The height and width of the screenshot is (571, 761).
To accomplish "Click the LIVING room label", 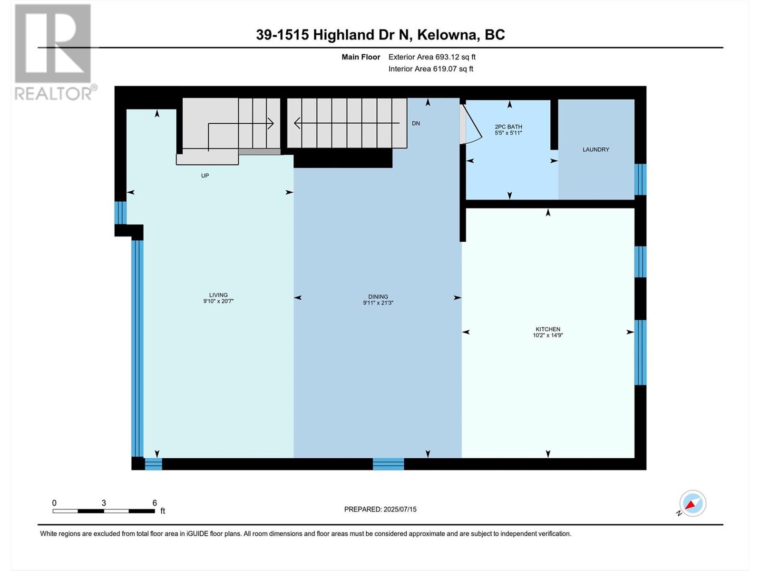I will pos(218,295).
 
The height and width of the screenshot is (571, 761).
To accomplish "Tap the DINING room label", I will pos(378,296).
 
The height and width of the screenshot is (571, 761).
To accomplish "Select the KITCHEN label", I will pos(548,329).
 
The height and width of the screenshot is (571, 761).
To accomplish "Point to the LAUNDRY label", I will pos(595,149).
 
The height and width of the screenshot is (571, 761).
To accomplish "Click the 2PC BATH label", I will pos(508,127).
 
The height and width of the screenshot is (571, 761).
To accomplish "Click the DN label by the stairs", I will pos(416,123).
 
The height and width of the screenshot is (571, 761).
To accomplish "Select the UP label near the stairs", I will pos(205,176).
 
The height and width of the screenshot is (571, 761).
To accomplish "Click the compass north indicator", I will pos(692,503).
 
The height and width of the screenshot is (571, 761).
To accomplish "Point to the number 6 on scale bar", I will pos(155,503).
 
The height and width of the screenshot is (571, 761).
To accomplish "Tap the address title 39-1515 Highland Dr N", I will pos(380,35).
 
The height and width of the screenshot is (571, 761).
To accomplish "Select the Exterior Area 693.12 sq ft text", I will pos(431,57).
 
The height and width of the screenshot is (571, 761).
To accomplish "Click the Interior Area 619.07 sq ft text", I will pos(430,69).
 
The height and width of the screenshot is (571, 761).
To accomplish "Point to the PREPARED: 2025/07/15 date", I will pos(380,509).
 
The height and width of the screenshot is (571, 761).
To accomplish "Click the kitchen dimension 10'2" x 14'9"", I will pos(548,335).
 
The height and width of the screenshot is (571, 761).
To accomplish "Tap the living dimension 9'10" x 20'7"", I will pos(218,301).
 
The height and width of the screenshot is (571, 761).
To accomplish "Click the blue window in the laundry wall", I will pos(640,179).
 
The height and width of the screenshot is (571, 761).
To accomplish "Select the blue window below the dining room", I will pos(388,464).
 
